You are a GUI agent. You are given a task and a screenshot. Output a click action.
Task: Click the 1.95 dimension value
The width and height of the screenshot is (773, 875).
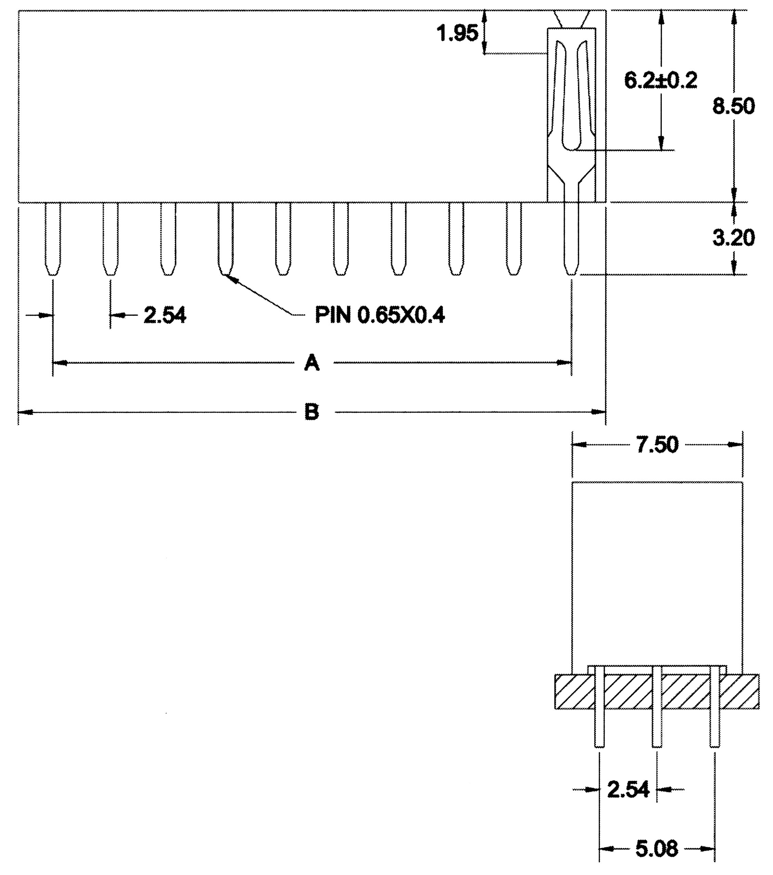[457, 33]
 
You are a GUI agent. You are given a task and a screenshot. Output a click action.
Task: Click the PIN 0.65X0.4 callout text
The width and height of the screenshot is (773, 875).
[380, 315]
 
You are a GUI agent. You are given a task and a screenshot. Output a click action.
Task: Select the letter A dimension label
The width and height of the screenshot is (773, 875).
[312, 363]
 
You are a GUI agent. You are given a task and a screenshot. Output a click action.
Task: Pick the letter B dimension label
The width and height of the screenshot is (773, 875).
[312, 412]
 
